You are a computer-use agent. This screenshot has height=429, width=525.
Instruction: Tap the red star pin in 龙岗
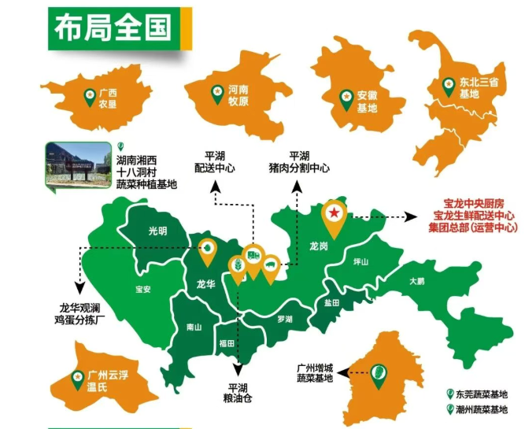pyautogui.click(x=335, y=213)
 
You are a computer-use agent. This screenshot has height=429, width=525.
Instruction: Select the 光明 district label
pyautogui.click(x=157, y=231)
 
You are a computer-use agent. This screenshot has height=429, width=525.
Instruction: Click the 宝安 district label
pyautogui.click(x=142, y=289)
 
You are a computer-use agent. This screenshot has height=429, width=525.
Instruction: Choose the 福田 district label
pyautogui.click(x=227, y=343)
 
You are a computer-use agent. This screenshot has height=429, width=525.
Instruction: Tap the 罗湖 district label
pyautogui.click(x=284, y=320)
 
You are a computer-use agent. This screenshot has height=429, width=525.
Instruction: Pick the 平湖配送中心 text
pyautogui.click(x=215, y=162)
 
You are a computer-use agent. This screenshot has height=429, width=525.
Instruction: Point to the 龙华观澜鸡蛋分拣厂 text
pyautogui.click(x=82, y=313)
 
